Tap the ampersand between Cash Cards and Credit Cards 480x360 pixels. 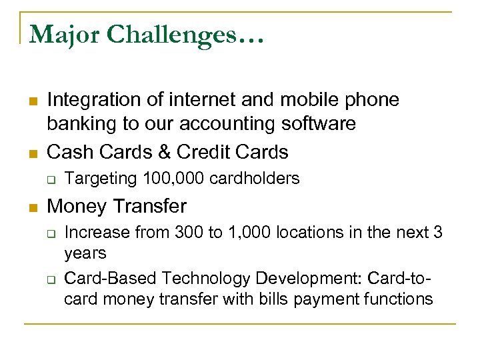[x=163, y=151]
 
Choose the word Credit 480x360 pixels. [x=207, y=151]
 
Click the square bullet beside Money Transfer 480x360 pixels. [x=31, y=207]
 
